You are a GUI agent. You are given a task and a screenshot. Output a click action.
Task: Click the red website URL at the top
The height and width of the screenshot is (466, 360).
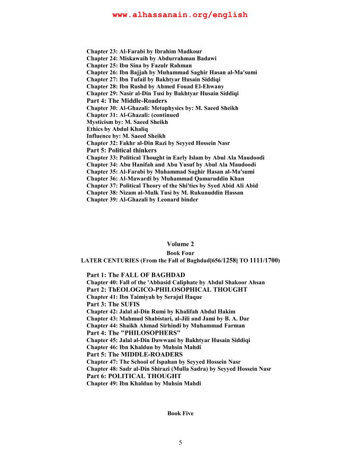[x=180, y=15]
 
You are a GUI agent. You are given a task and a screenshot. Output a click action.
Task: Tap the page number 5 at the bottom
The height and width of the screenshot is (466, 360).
[x=180, y=443]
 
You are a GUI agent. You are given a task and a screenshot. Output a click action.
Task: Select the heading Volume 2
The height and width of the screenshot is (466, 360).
[x=180, y=244]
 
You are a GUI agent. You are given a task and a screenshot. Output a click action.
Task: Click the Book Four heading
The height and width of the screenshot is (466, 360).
[x=180, y=253]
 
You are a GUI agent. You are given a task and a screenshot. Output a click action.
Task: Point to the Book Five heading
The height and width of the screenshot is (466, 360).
[x=180, y=413]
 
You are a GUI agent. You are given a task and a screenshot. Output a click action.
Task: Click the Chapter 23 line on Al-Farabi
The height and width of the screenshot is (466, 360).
[x=144, y=51]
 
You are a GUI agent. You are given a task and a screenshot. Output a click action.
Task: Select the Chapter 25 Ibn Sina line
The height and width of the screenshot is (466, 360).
[x=139, y=65]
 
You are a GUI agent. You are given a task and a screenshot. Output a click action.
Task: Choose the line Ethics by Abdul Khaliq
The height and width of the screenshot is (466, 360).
[x=117, y=129]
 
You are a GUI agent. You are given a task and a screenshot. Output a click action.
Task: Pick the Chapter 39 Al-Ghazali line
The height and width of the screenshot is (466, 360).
[x=142, y=200]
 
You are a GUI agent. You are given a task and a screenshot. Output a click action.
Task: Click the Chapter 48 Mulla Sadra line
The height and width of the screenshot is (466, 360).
[x=179, y=369]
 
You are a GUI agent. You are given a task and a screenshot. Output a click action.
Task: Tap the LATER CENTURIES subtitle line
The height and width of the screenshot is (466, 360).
[x=180, y=261]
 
